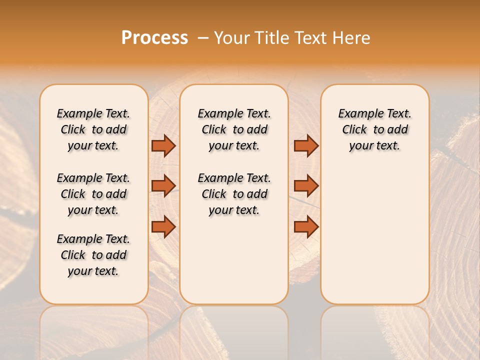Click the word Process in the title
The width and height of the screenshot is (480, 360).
click(x=154, y=38)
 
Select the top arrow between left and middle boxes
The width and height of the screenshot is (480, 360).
click(x=163, y=145)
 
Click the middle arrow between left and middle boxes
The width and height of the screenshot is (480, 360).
click(x=163, y=186)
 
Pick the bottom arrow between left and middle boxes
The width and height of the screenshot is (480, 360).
click(x=163, y=227)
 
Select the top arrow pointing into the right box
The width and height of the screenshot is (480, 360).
click(x=306, y=145)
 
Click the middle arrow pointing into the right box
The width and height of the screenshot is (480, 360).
click(x=306, y=186)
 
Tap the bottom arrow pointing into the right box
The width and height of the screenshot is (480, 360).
click(x=306, y=227)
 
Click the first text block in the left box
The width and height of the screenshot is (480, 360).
click(x=93, y=129)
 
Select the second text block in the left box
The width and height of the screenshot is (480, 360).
click(x=93, y=194)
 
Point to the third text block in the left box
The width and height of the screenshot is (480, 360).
click(x=93, y=255)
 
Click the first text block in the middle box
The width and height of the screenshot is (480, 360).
click(x=234, y=129)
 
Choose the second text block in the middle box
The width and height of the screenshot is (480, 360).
click(x=234, y=194)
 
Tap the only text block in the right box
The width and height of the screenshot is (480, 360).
click(x=375, y=129)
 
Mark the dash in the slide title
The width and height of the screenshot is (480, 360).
click(x=203, y=38)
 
